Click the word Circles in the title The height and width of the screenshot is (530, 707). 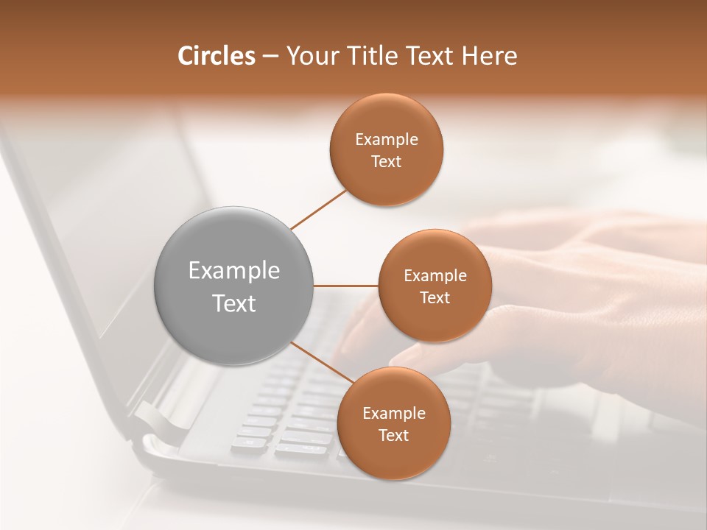(216, 56)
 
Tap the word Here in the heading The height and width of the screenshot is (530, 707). (489, 56)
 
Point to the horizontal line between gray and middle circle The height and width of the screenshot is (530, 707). (345, 286)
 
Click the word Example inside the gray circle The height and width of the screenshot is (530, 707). (234, 271)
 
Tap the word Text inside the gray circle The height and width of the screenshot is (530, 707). (234, 303)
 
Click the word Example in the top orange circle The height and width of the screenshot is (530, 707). (387, 140)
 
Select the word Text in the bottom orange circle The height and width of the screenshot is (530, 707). (394, 435)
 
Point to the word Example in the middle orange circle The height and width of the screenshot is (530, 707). (435, 276)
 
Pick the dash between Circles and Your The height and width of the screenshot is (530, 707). (270, 57)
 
